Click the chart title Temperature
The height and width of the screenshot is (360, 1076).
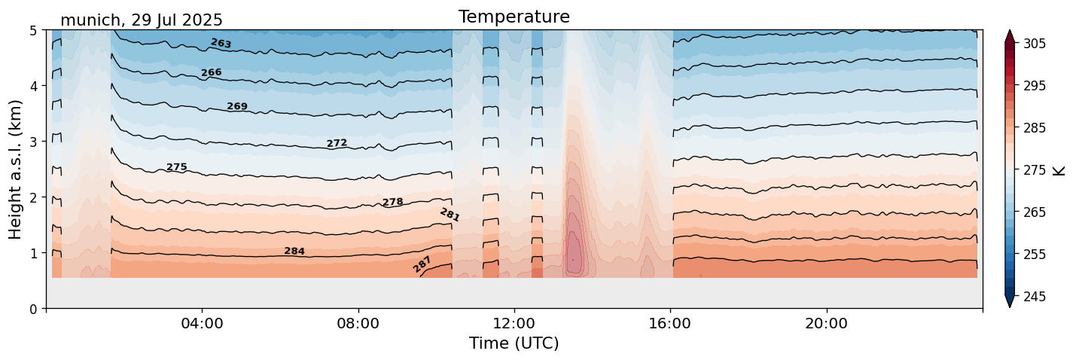[514, 17]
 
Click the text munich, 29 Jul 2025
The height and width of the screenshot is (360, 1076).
[142, 20]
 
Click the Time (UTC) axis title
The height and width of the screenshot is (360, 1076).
[514, 343]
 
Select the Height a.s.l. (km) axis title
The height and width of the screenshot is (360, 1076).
[16, 169]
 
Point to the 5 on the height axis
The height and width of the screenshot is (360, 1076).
[33, 31]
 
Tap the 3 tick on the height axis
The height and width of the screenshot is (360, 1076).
[33, 142]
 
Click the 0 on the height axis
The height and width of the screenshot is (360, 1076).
[33, 309]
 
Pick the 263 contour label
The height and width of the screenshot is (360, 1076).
[221, 44]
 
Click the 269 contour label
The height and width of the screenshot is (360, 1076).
[237, 106]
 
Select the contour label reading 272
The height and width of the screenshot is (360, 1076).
[337, 143]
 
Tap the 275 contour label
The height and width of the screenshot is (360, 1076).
[177, 166]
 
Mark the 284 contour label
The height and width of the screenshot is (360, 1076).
[294, 251]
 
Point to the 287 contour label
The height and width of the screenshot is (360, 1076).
[422, 264]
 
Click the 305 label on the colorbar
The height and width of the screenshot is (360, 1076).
[1033, 44]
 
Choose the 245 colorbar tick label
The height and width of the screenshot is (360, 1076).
[1033, 297]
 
